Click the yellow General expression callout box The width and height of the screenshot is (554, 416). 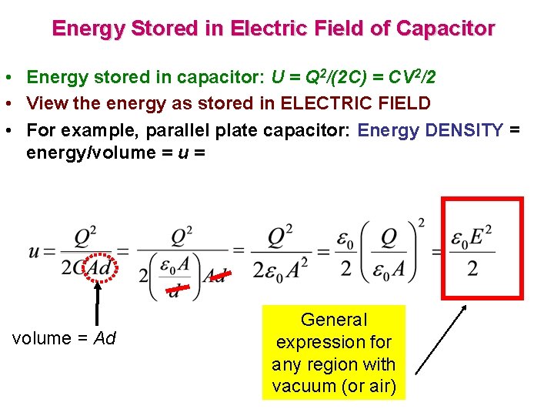click(x=333, y=352)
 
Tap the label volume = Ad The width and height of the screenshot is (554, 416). click(x=64, y=338)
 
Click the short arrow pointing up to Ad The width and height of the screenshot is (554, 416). click(x=97, y=304)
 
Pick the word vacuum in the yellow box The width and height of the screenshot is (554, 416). click(x=304, y=387)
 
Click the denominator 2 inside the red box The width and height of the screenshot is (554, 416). click(x=472, y=269)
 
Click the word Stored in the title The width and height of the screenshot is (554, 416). click(x=163, y=29)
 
